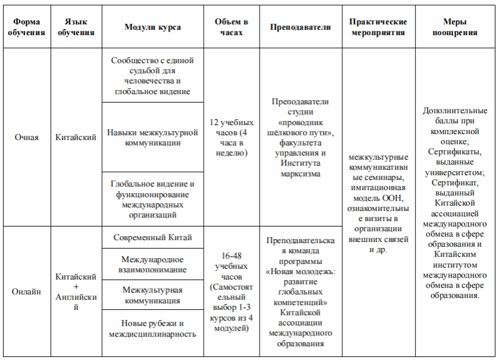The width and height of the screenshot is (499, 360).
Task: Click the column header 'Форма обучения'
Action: click(x=27, y=27)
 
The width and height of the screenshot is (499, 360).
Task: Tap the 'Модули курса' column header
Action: click(x=153, y=27)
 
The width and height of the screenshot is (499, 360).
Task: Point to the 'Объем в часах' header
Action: click(x=232, y=27)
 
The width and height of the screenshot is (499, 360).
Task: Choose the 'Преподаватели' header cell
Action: click(x=301, y=27)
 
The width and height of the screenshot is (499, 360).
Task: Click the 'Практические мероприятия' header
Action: click(x=378, y=27)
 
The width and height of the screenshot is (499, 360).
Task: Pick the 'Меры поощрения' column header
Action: click(x=456, y=27)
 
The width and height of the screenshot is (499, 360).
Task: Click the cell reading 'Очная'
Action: click(x=27, y=138)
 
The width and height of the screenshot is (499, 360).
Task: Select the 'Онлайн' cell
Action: click(x=27, y=291)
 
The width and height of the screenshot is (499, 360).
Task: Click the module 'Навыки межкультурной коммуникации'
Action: click(x=153, y=138)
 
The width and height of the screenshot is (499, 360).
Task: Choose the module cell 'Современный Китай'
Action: click(x=153, y=237)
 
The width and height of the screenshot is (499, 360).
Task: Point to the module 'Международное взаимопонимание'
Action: click(x=153, y=265)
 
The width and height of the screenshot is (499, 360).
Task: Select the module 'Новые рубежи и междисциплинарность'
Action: click(x=153, y=328)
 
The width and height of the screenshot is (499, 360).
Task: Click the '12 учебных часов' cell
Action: click(x=232, y=138)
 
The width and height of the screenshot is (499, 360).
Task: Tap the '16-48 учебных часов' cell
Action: click(x=232, y=291)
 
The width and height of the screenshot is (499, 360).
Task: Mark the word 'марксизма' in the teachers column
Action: click(x=301, y=173)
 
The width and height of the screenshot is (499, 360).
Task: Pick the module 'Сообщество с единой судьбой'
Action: click(x=153, y=76)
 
